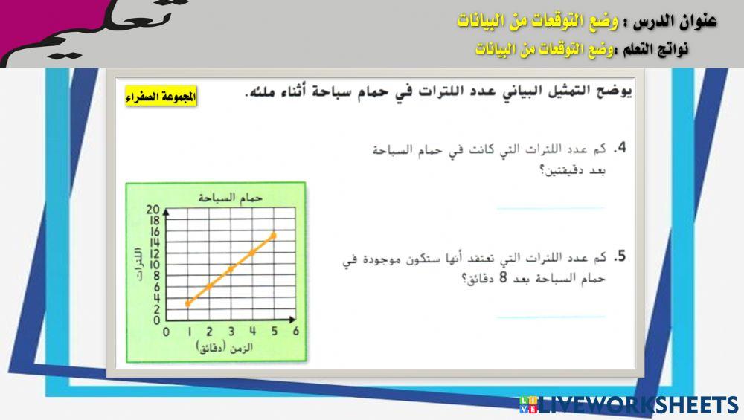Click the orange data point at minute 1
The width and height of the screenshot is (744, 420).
pyautogui.click(x=188, y=303)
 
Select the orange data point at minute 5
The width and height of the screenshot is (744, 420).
pyautogui.click(x=273, y=235)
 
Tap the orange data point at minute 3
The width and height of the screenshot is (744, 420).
pyautogui.click(x=231, y=268)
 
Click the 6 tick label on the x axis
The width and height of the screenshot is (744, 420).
pyautogui.click(x=295, y=332)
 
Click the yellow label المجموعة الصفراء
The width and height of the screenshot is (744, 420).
pyautogui.click(x=161, y=97)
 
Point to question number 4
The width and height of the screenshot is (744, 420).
pyautogui.click(x=619, y=149)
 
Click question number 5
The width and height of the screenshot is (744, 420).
pyautogui.click(x=619, y=257)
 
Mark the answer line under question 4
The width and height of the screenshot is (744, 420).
pyautogui.click(x=551, y=208)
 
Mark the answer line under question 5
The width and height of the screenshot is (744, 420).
pyautogui.click(x=551, y=317)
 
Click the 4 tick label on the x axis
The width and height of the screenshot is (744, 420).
pyautogui.click(x=252, y=332)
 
